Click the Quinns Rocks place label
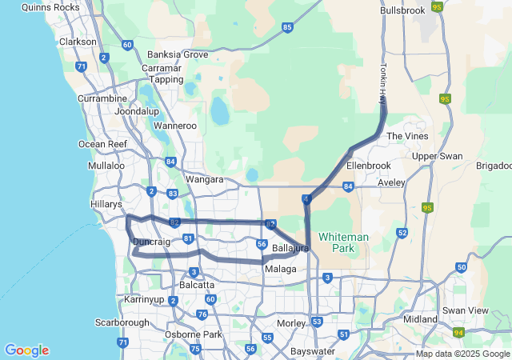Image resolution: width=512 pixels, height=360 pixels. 50,7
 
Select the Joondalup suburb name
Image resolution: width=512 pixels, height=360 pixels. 137,111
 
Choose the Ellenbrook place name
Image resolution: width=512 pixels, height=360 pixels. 368,166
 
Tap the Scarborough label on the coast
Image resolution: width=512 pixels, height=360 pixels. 122,323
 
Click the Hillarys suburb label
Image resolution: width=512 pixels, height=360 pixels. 106,204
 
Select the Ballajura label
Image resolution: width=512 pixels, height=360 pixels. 290,250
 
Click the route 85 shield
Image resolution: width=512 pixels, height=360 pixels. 287,27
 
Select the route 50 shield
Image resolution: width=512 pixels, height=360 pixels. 462,267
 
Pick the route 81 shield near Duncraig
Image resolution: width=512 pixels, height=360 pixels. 188,238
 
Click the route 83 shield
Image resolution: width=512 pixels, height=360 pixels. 173,194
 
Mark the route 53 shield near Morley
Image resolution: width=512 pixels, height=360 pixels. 318,322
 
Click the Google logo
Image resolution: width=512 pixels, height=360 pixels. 26,350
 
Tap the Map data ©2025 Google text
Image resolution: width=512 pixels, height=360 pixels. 462,354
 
